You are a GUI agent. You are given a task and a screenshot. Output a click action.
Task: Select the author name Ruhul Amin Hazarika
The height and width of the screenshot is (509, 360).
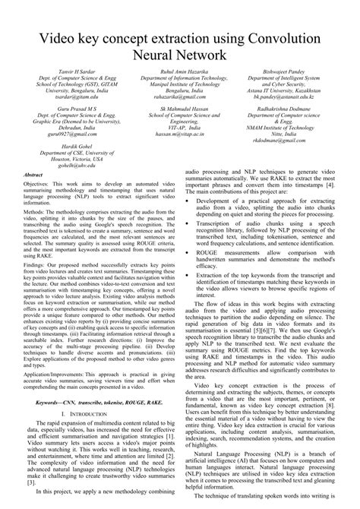[179, 71]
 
